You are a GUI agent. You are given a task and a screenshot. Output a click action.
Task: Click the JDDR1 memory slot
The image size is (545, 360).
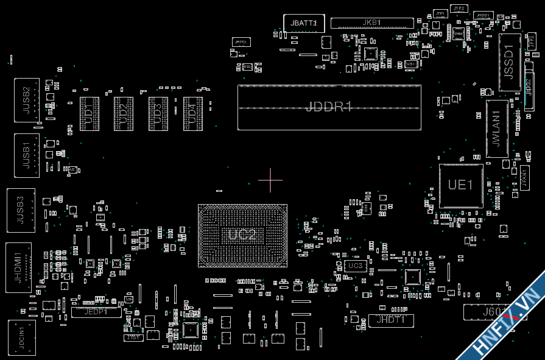pyautogui.click(x=329, y=107)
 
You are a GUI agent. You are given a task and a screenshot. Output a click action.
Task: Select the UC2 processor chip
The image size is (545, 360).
pyautogui.click(x=242, y=235)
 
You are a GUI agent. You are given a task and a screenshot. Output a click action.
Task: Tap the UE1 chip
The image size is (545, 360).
pyautogui.click(x=461, y=185)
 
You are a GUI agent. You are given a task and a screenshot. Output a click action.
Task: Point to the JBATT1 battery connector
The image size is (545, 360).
pyautogui.click(x=304, y=23)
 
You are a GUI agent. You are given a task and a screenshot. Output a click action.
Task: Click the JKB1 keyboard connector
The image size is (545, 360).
pyautogui.click(x=372, y=23)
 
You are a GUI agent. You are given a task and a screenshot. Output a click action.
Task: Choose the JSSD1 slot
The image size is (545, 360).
pyautogui.click(x=510, y=63)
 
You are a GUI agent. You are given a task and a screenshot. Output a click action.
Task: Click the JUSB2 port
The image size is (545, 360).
pyautogui.click(x=27, y=100)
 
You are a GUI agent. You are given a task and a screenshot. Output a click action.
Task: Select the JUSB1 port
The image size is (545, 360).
pyautogui.click(x=27, y=155)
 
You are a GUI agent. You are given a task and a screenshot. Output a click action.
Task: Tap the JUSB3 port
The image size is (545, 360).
pyautogui.click(x=21, y=210)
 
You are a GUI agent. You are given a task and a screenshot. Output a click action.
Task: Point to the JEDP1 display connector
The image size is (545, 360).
pyautogui.click(x=96, y=312)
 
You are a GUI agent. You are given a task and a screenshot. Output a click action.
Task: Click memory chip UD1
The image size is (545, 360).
pyautogui.click(x=90, y=113)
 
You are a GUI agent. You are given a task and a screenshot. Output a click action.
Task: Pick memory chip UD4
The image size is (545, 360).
pyautogui.click(x=192, y=113)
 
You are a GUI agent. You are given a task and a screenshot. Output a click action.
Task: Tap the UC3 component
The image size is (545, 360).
pyautogui.click(x=354, y=266)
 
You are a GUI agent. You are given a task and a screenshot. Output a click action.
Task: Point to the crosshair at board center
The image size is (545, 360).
pyautogui.click(x=270, y=180)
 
